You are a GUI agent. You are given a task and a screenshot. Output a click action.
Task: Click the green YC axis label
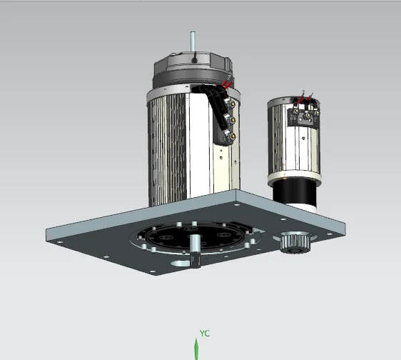(x=204, y=334)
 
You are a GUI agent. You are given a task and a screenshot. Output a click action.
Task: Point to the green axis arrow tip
(x=196, y=339)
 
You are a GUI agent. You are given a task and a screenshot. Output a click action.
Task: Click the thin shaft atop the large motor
(x=193, y=42)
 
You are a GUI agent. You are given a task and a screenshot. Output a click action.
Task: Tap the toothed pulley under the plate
(x=295, y=242)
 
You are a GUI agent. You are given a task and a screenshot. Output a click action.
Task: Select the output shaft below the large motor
(x=195, y=251)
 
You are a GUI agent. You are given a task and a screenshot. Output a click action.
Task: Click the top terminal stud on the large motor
(x=232, y=104)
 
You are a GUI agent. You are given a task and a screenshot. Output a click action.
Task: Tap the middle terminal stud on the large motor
(x=231, y=120)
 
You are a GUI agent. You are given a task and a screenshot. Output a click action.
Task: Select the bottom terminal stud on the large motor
(x=232, y=136)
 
